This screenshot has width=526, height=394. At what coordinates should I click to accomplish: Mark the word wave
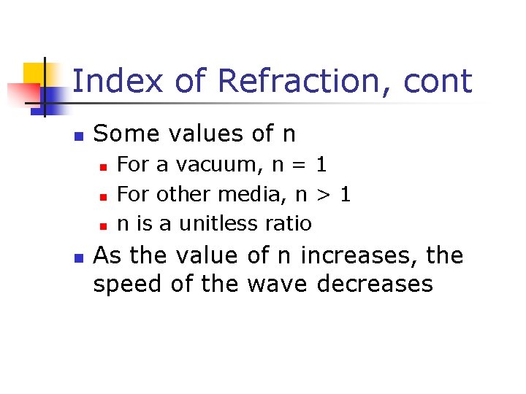point(277,285)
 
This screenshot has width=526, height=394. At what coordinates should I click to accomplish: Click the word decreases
point(375,283)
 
